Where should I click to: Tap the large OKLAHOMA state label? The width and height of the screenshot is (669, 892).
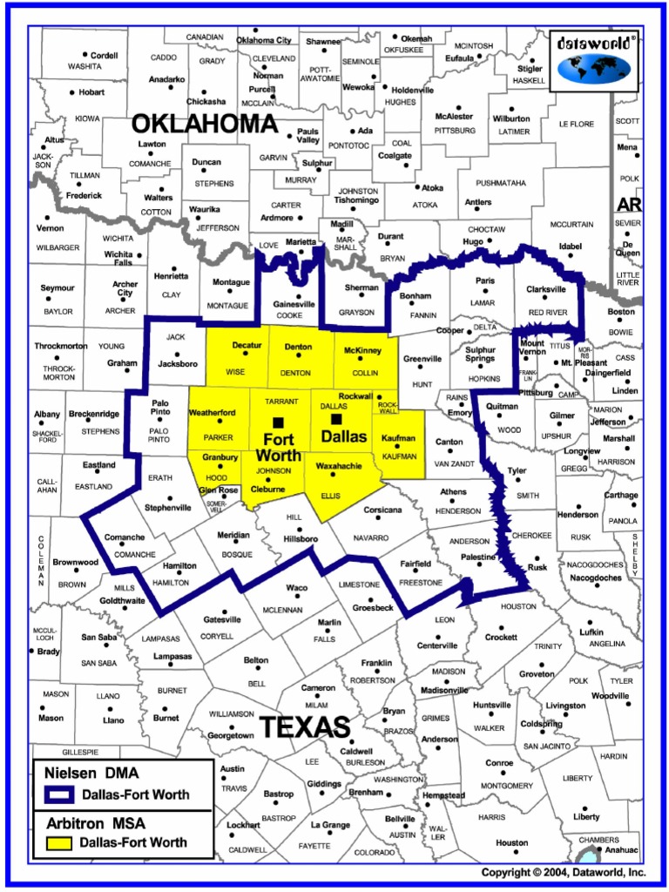pyautogui.click(x=204, y=124)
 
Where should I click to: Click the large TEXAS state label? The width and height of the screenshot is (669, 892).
pyautogui.click(x=305, y=726)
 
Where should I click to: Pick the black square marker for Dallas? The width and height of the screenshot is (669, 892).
pyautogui.click(x=336, y=419)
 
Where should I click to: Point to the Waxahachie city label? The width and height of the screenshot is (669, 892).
pyautogui.click(x=340, y=465)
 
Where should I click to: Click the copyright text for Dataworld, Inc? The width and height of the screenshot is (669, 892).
pyautogui.click(x=564, y=872)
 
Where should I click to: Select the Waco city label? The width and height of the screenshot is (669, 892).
pyautogui.click(x=296, y=588)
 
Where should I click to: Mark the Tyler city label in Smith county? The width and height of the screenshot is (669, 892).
pyautogui.click(x=517, y=470)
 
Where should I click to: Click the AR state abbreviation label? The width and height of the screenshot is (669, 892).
pyautogui.click(x=628, y=205)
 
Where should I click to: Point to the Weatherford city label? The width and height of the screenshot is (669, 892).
pyautogui.click(x=213, y=412)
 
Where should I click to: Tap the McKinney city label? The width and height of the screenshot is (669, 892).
pyautogui.click(x=363, y=350)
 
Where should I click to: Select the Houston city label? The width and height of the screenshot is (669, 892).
pyautogui.click(x=512, y=842)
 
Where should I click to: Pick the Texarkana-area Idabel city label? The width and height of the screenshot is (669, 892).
pyautogui.click(x=570, y=247)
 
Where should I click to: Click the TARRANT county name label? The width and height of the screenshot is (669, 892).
pyautogui.click(x=281, y=402)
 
